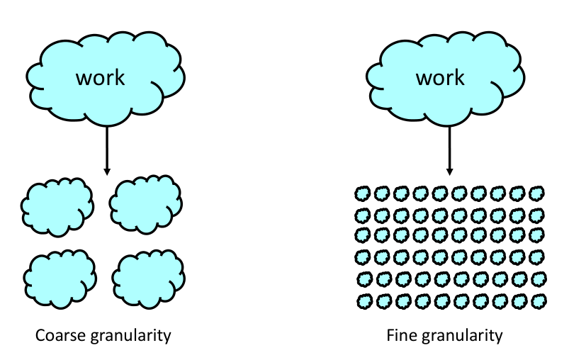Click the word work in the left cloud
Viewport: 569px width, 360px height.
coord(100,77)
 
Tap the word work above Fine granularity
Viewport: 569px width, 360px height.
coord(440,77)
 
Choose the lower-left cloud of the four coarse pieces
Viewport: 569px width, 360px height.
coord(60,277)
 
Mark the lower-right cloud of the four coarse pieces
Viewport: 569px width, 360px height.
coord(148,277)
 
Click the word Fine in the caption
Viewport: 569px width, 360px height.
coord(400,334)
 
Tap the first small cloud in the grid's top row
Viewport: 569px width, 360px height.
coord(364,193)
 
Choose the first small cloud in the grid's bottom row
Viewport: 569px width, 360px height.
coord(364,300)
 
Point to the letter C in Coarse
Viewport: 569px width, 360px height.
coord(40,334)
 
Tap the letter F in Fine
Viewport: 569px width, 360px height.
coord(390,334)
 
